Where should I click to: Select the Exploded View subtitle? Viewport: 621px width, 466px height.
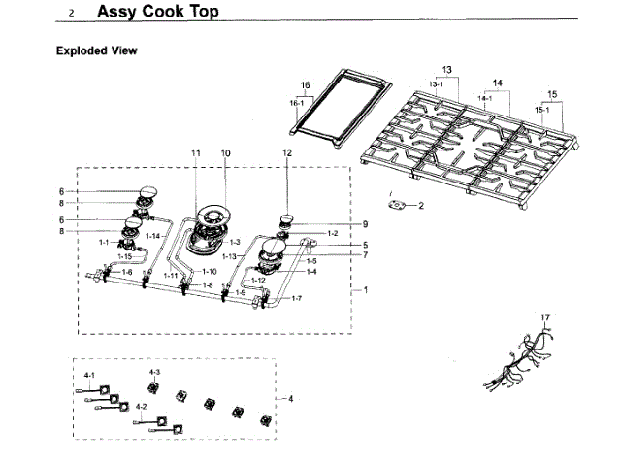click(96, 50)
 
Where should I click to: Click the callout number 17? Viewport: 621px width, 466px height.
click(545, 317)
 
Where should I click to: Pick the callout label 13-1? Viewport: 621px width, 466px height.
click(436, 84)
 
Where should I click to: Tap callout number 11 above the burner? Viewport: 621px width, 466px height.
click(195, 153)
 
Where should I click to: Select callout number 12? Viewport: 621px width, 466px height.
click(287, 153)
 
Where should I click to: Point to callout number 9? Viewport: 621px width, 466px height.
click(338, 224)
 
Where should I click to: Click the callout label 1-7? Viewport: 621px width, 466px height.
click(297, 297)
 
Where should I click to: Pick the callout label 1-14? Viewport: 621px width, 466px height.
click(152, 236)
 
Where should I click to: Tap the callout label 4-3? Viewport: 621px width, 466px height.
click(154, 372)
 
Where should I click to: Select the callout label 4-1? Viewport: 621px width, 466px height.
click(88, 374)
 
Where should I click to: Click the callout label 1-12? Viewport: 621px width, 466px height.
click(257, 281)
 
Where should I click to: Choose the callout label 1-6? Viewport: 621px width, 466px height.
click(126, 273)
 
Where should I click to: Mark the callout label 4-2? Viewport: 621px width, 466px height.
click(142, 406)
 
